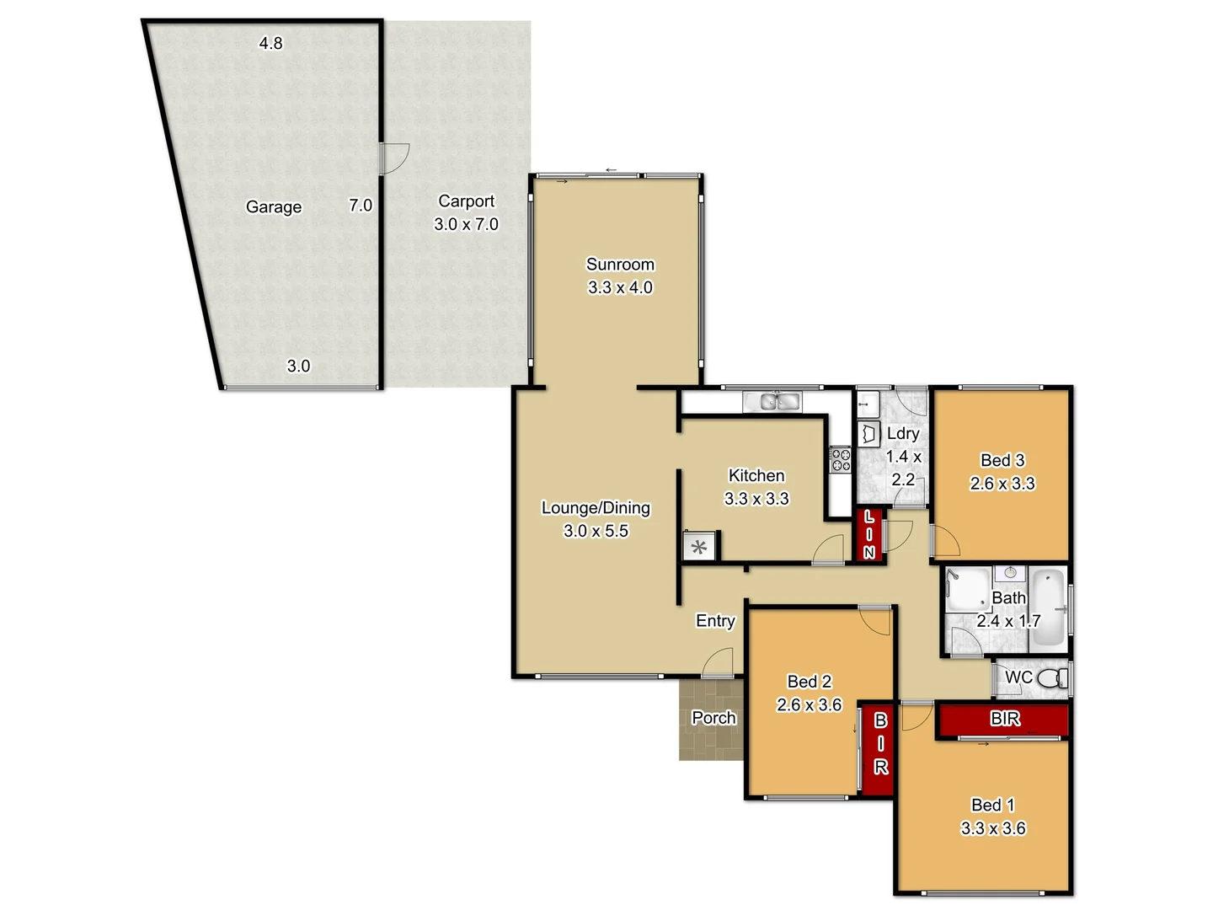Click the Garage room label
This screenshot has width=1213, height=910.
coord(273,207)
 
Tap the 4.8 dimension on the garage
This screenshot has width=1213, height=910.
coord(270,43)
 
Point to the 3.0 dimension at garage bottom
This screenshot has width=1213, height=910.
coord(298,366)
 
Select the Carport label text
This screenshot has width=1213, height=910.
coord(466,201)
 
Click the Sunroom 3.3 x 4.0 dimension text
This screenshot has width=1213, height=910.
coord(620,287)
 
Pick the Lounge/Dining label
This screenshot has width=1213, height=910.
coord(596,508)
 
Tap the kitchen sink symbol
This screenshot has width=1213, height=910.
coord(779,402)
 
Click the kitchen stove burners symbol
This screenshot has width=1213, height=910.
coord(841,460)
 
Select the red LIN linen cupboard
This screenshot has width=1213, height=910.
coord(869,535)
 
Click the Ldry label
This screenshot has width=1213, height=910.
coord(903,433)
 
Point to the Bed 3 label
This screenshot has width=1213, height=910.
coord(1002,460)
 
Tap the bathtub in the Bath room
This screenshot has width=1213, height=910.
coord(1049,607)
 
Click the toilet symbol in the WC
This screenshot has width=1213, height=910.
coord(1050,678)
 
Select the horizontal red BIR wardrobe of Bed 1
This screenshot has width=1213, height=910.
coord(1003,720)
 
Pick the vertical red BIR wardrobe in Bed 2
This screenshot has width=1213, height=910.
coord(878,748)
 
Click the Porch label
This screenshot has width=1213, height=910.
coord(713,718)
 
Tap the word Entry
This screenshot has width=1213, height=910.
coord(715,621)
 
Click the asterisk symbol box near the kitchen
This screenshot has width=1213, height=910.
coord(699,547)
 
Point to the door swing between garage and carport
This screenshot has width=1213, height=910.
coord(393,158)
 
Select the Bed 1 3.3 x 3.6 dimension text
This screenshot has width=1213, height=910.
coord(993,828)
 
